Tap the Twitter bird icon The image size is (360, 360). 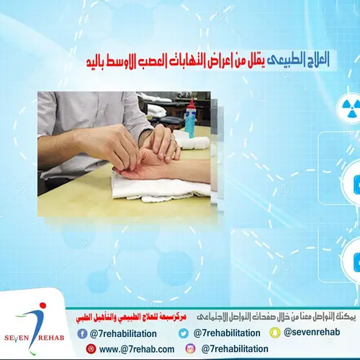click(x=184, y=333)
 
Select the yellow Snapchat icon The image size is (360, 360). click(x=274, y=333)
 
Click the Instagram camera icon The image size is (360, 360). click(x=191, y=349)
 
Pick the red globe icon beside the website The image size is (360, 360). click(x=91, y=349)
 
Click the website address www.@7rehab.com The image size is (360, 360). click(x=137, y=349)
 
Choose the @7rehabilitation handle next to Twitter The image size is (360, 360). click(x=226, y=333)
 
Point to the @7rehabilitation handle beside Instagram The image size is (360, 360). click(x=235, y=349)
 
